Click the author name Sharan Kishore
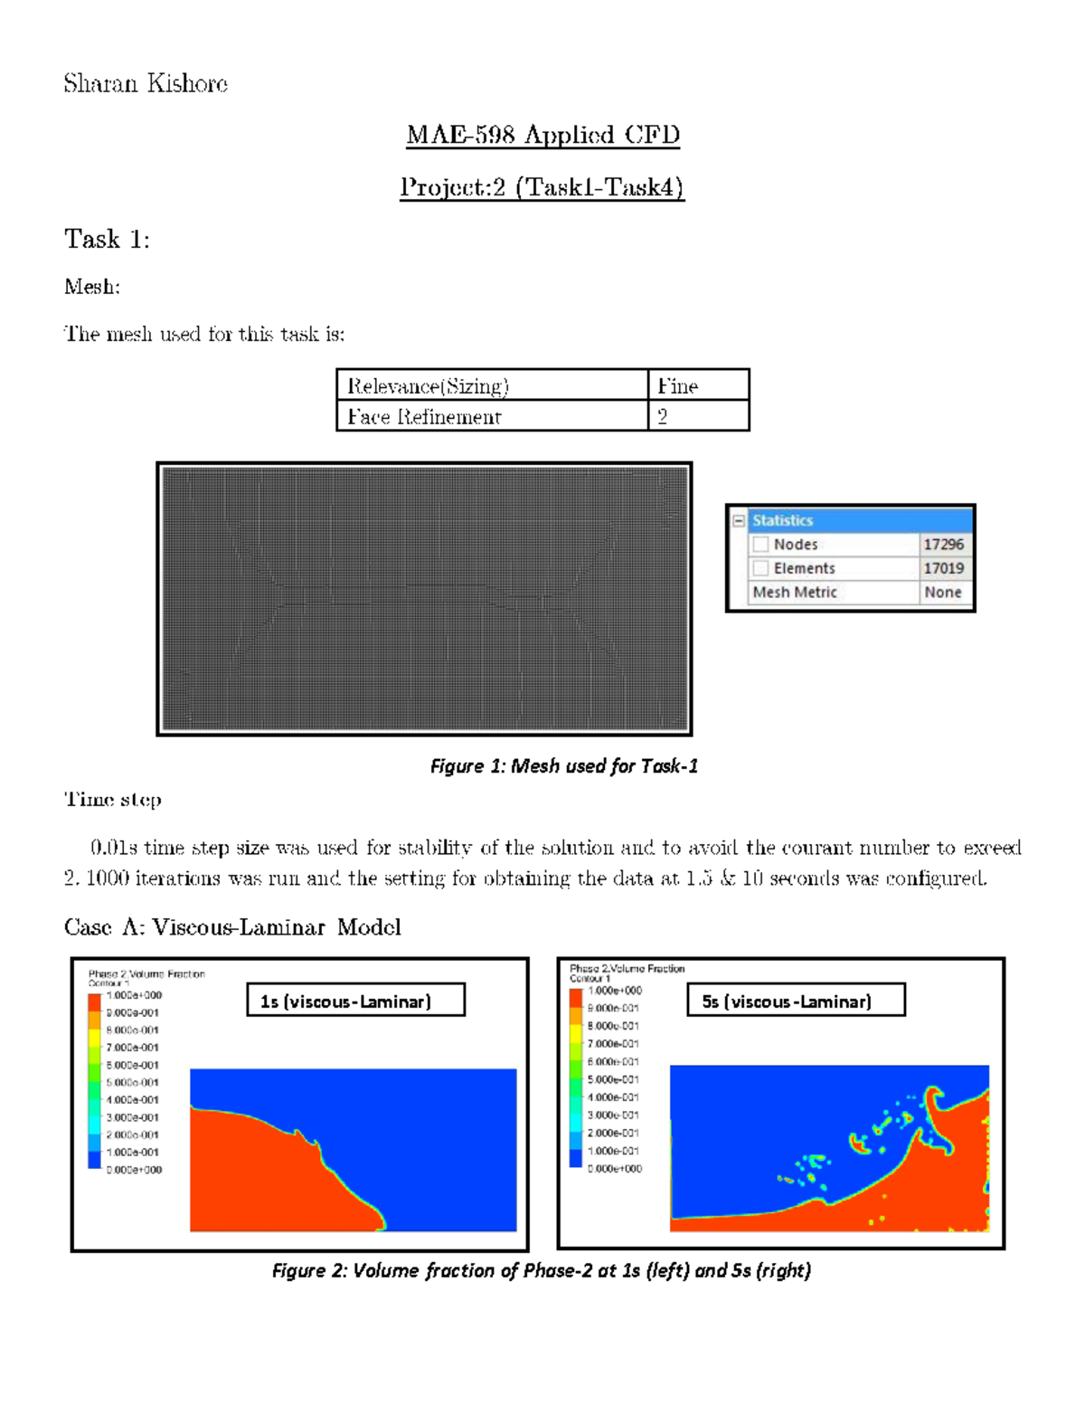coord(146,84)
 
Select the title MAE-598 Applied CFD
coord(542,135)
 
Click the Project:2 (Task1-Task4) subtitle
coord(542,187)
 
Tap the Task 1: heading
coord(107,240)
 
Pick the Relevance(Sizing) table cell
coord(429,386)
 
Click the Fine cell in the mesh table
coord(678,386)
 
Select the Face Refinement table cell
coord(424,417)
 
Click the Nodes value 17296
coord(943,545)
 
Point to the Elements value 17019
coord(943,568)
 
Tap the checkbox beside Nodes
coord(760,545)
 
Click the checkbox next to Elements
coord(760,568)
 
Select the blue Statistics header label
coord(782,521)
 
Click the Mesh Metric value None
coord(942,593)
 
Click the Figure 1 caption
coord(563,766)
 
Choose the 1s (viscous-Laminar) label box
coord(355,1001)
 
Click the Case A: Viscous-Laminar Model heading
coord(232,927)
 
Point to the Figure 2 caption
coord(541,1271)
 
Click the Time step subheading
coord(113,800)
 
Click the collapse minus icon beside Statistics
coord(739,521)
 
